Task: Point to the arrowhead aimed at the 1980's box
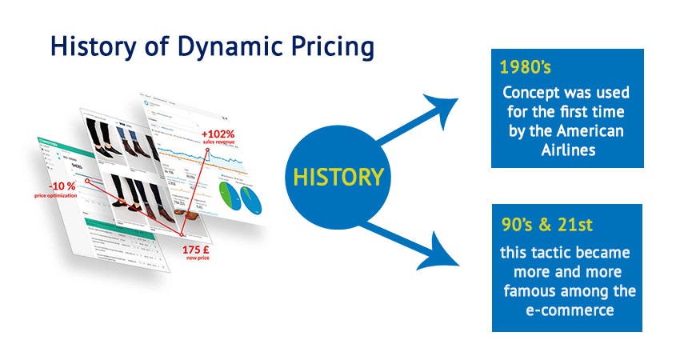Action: [x=445, y=106]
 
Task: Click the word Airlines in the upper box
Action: [x=567, y=150]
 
